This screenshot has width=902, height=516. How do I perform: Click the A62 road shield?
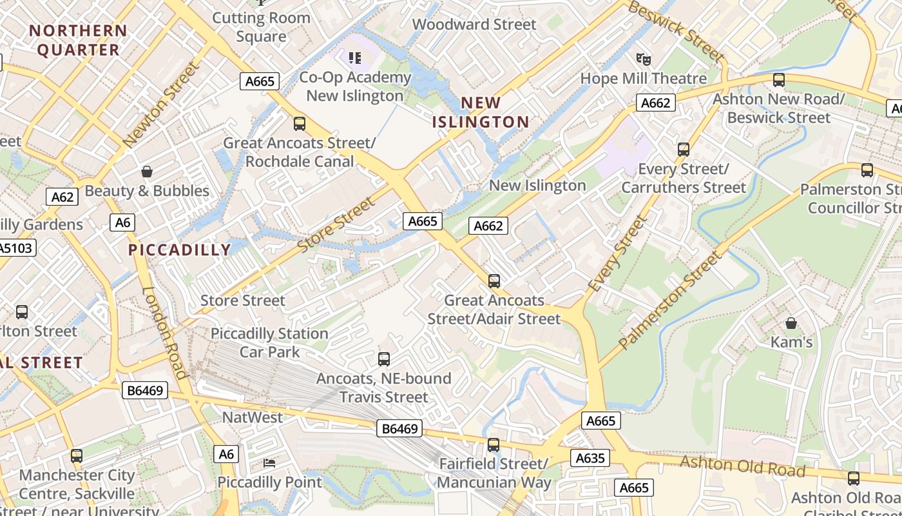click(62, 197)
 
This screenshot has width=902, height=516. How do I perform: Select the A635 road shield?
click(590, 458)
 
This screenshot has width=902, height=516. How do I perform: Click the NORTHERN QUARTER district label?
click(78, 40)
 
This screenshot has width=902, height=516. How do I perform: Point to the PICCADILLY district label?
click(179, 250)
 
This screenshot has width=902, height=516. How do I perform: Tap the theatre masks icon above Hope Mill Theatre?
click(643, 60)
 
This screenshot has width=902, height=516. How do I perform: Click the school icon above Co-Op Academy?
click(355, 59)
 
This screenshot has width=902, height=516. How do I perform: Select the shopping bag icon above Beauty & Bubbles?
click(147, 172)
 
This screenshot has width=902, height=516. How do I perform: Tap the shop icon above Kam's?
click(791, 323)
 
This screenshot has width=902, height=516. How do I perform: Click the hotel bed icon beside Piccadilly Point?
click(269, 463)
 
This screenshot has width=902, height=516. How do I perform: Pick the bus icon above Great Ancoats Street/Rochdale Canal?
click(300, 124)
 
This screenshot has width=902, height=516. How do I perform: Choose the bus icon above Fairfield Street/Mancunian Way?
click(494, 445)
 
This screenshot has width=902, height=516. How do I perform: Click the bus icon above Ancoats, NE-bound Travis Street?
click(384, 359)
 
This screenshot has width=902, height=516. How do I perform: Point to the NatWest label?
click(252, 417)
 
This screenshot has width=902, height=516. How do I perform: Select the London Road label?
click(164, 333)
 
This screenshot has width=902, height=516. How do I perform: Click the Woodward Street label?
click(474, 25)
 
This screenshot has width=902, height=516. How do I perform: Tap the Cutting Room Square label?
click(261, 27)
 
